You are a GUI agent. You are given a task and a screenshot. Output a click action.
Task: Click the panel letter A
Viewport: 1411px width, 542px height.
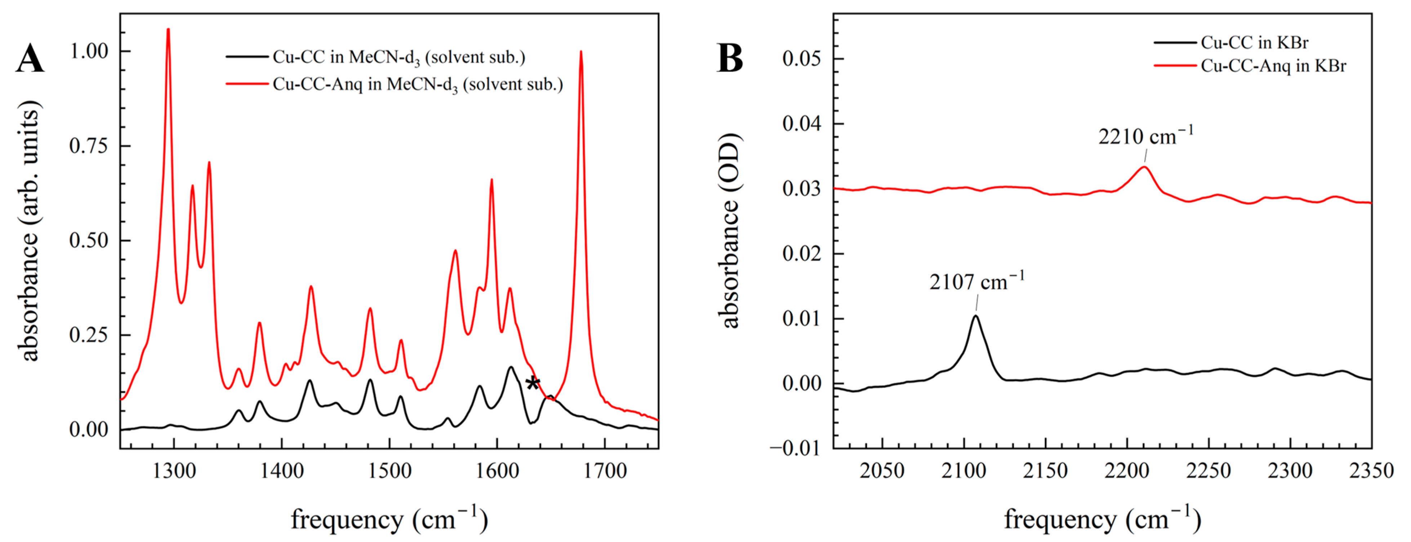click(30, 59)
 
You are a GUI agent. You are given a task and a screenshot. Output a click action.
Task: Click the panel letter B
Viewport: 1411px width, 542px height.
click(730, 59)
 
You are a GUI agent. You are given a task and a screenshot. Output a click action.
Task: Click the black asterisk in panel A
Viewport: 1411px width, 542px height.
click(533, 383)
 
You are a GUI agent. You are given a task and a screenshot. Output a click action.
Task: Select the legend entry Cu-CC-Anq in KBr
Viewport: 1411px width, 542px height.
click(1273, 66)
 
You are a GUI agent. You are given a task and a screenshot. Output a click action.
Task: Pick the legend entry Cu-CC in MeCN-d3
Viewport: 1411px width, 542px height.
click(399, 57)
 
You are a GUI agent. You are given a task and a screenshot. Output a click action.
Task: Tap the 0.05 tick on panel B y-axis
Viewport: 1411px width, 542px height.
click(802, 59)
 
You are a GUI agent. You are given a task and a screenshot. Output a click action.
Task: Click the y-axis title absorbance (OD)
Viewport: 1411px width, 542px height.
click(730, 230)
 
